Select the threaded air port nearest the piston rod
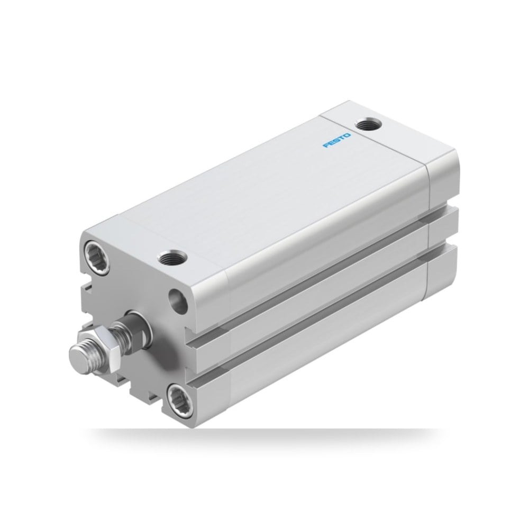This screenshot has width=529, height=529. [x=172, y=259]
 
